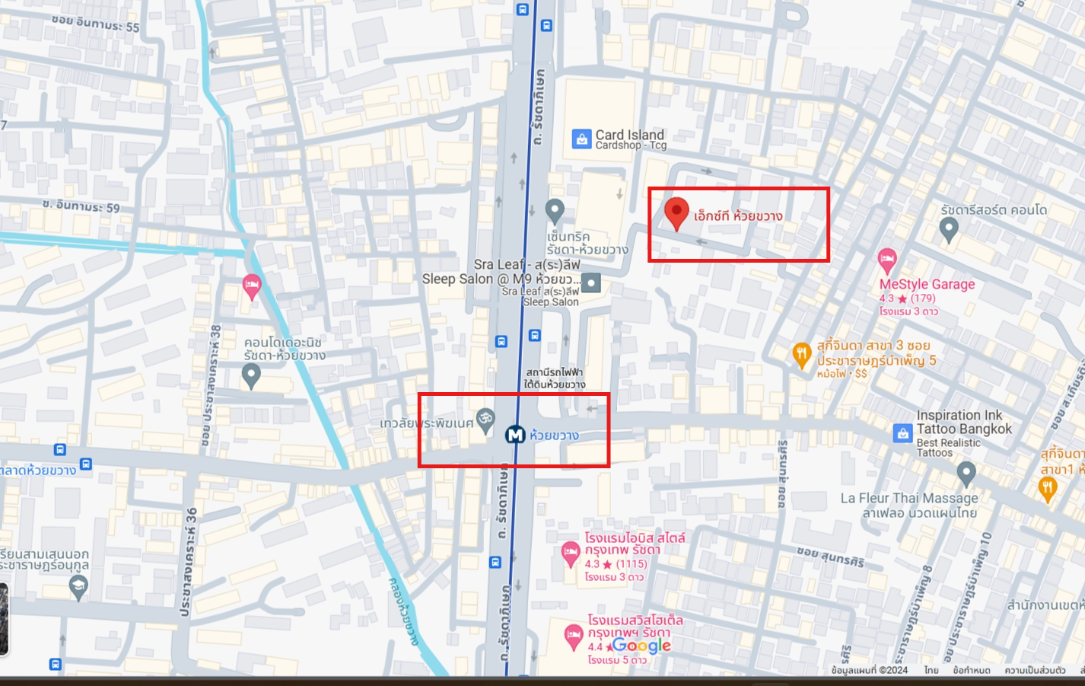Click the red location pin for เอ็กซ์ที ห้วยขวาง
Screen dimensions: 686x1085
pyautogui.click(x=676, y=212)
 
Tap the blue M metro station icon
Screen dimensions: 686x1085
pyautogui.click(x=515, y=435)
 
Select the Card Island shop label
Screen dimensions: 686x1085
pyautogui.click(x=630, y=139)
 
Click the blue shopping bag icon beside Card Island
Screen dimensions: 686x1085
pyautogui.click(x=581, y=139)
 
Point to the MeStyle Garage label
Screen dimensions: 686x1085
pyautogui.click(x=927, y=284)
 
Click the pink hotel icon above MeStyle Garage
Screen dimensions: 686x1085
pyautogui.click(x=887, y=260)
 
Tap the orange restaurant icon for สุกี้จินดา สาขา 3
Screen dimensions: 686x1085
pyautogui.click(x=801, y=354)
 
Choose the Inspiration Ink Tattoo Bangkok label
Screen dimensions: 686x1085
pyautogui.click(x=964, y=422)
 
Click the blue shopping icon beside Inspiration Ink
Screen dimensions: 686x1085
pyautogui.click(x=902, y=433)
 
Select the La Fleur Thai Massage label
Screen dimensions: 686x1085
pyautogui.click(x=909, y=498)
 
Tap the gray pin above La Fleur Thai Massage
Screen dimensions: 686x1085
pyautogui.click(x=966, y=473)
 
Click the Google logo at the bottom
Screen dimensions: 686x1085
pyautogui.click(x=641, y=646)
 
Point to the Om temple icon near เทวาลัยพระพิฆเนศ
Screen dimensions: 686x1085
pyautogui.click(x=485, y=418)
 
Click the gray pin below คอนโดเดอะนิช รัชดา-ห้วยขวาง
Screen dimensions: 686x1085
pyautogui.click(x=251, y=374)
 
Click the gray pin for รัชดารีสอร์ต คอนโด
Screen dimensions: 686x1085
pyautogui.click(x=949, y=228)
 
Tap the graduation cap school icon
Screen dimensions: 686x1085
pyautogui.click(x=78, y=585)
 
